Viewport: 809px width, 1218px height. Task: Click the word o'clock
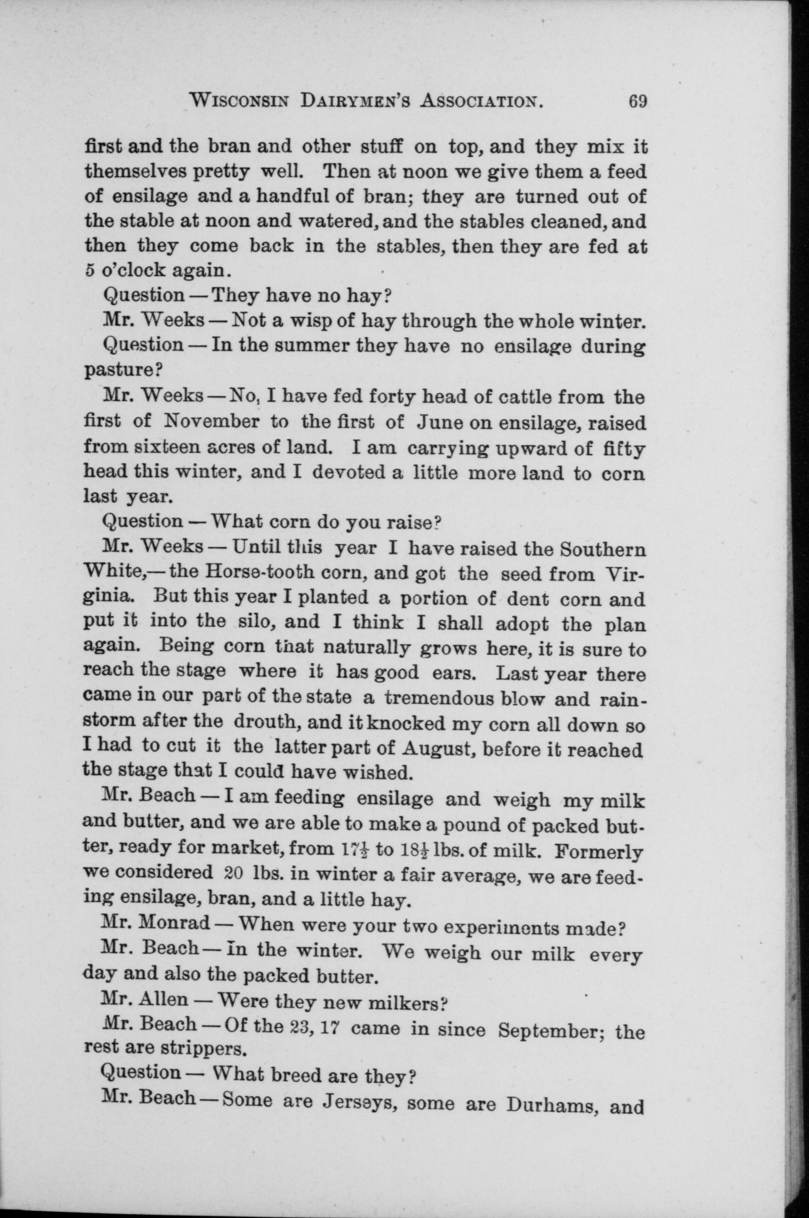pos(133,270)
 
